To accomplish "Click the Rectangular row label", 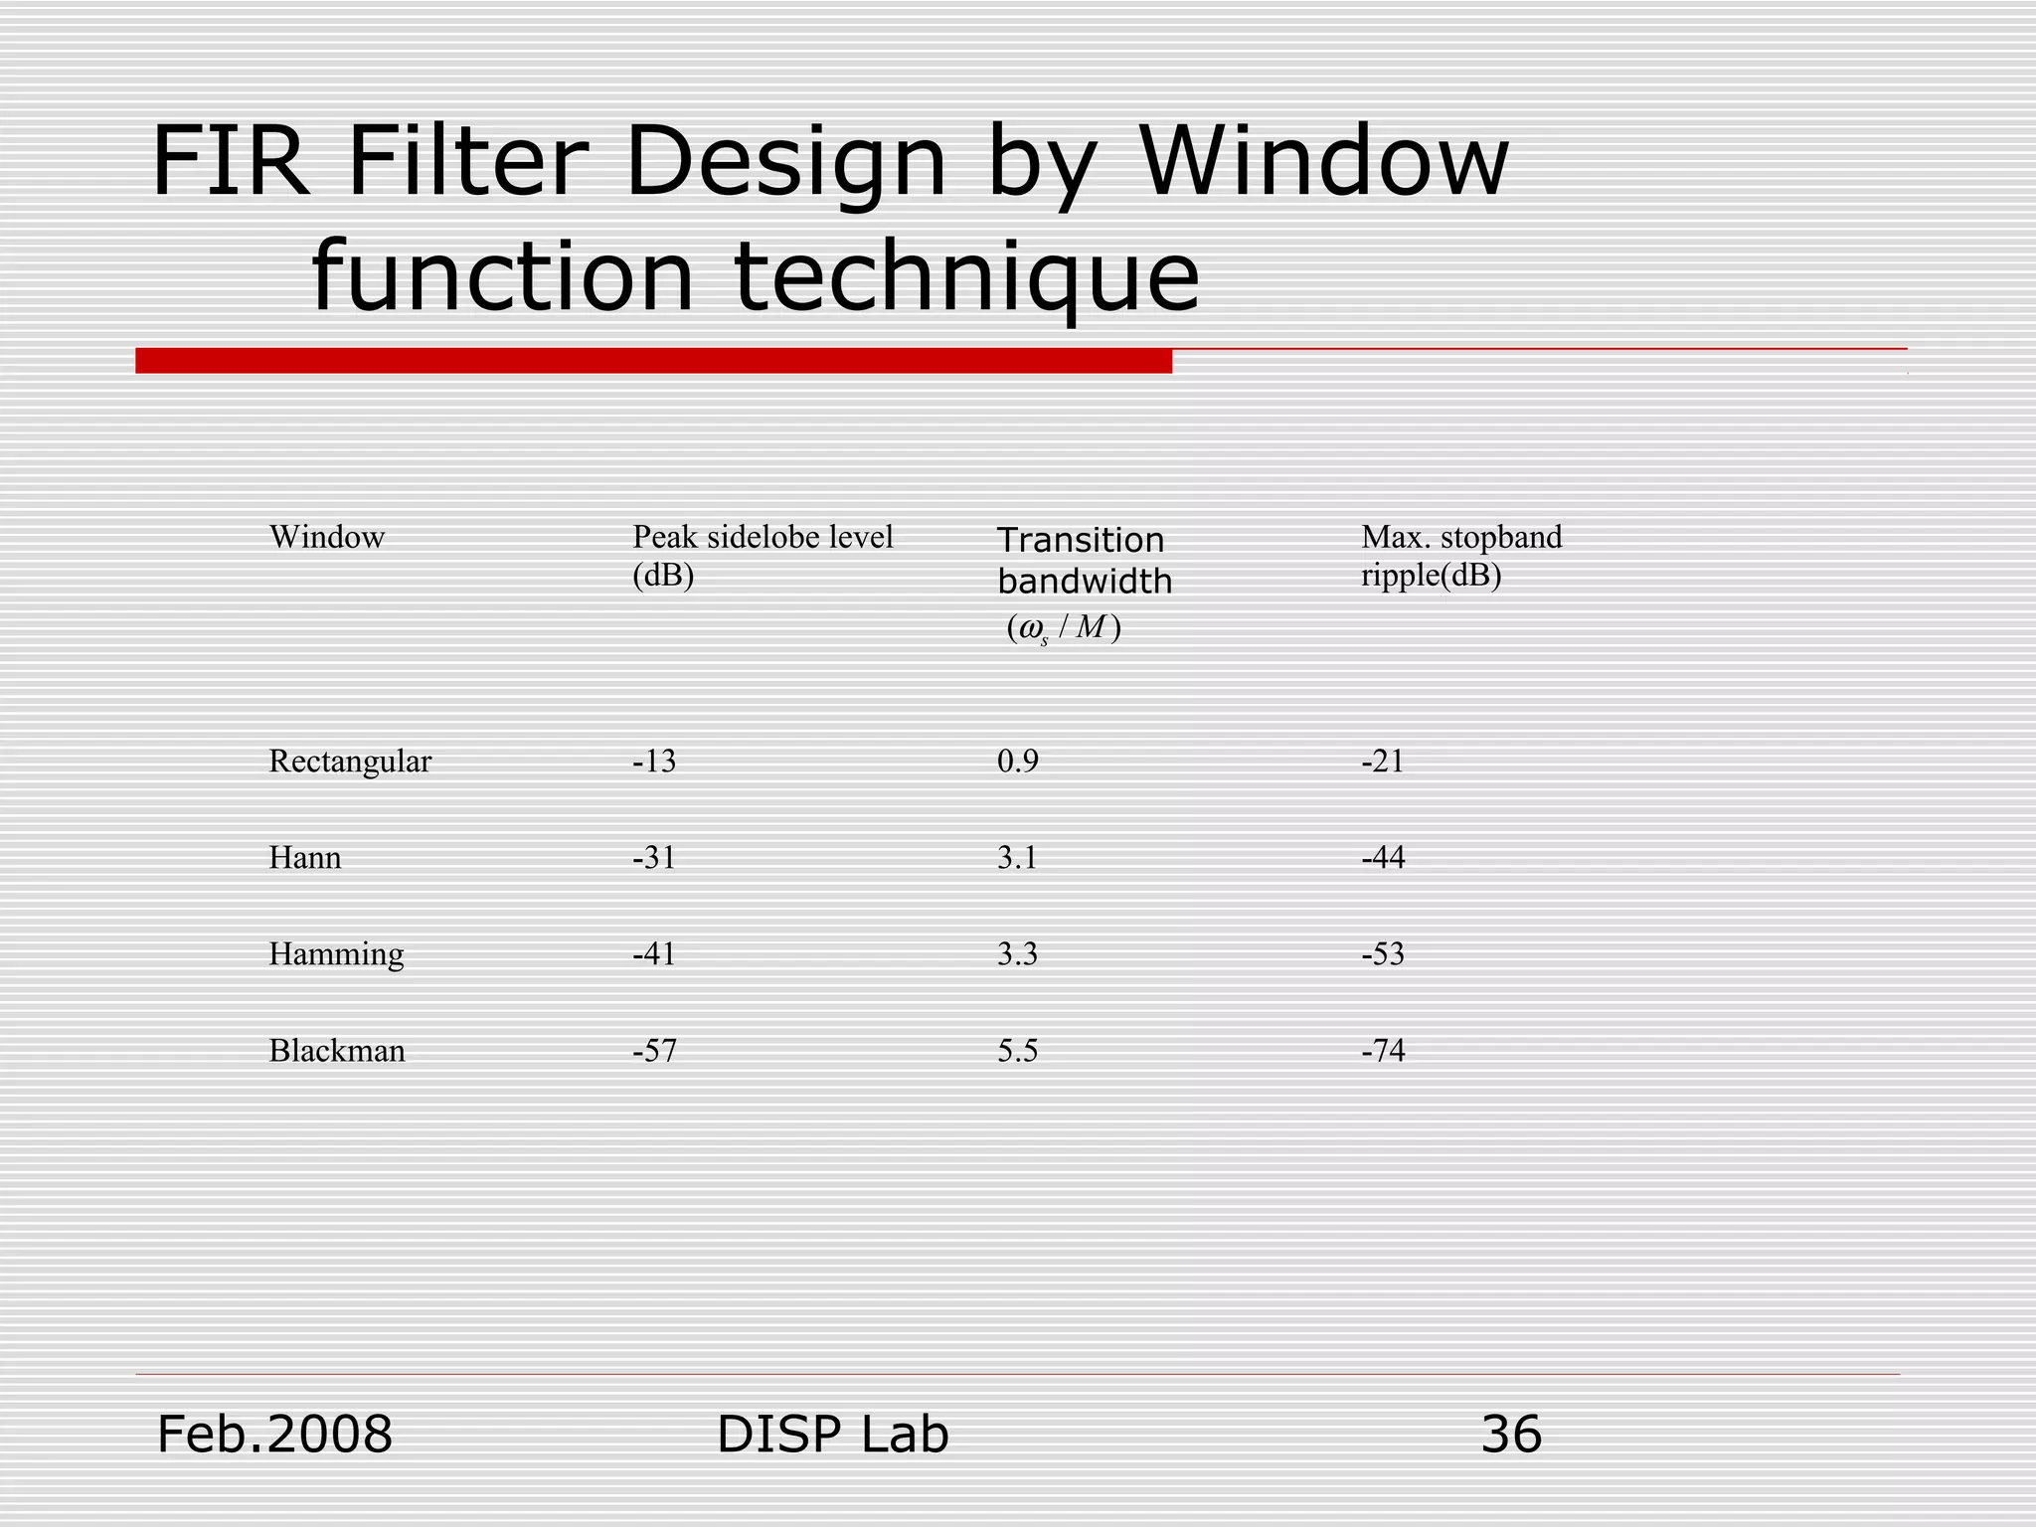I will (350, 762).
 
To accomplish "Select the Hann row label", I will (305, 858).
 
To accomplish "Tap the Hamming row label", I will (336, 954).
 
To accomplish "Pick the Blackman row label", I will (337, 1051).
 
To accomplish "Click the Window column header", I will (326, 538).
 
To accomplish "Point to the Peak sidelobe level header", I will (763, 556).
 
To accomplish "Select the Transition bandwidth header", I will (1084, 561).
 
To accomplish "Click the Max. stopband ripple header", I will (1460, 556).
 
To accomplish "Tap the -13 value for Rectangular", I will (654, 762).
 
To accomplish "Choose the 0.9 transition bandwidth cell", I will (1017, 762).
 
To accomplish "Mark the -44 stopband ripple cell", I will (1383, 858).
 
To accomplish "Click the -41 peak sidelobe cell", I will (654, 954).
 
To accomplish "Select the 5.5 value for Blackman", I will (1017, 1051).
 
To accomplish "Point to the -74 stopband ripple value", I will (1383, 1051).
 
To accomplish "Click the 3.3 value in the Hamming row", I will (1017, 954).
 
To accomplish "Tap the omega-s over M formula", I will (1063, 629).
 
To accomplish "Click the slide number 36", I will (1511, 1435).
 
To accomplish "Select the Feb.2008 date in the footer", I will (274, 1435).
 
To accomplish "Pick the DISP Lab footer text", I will (832, 1435).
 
